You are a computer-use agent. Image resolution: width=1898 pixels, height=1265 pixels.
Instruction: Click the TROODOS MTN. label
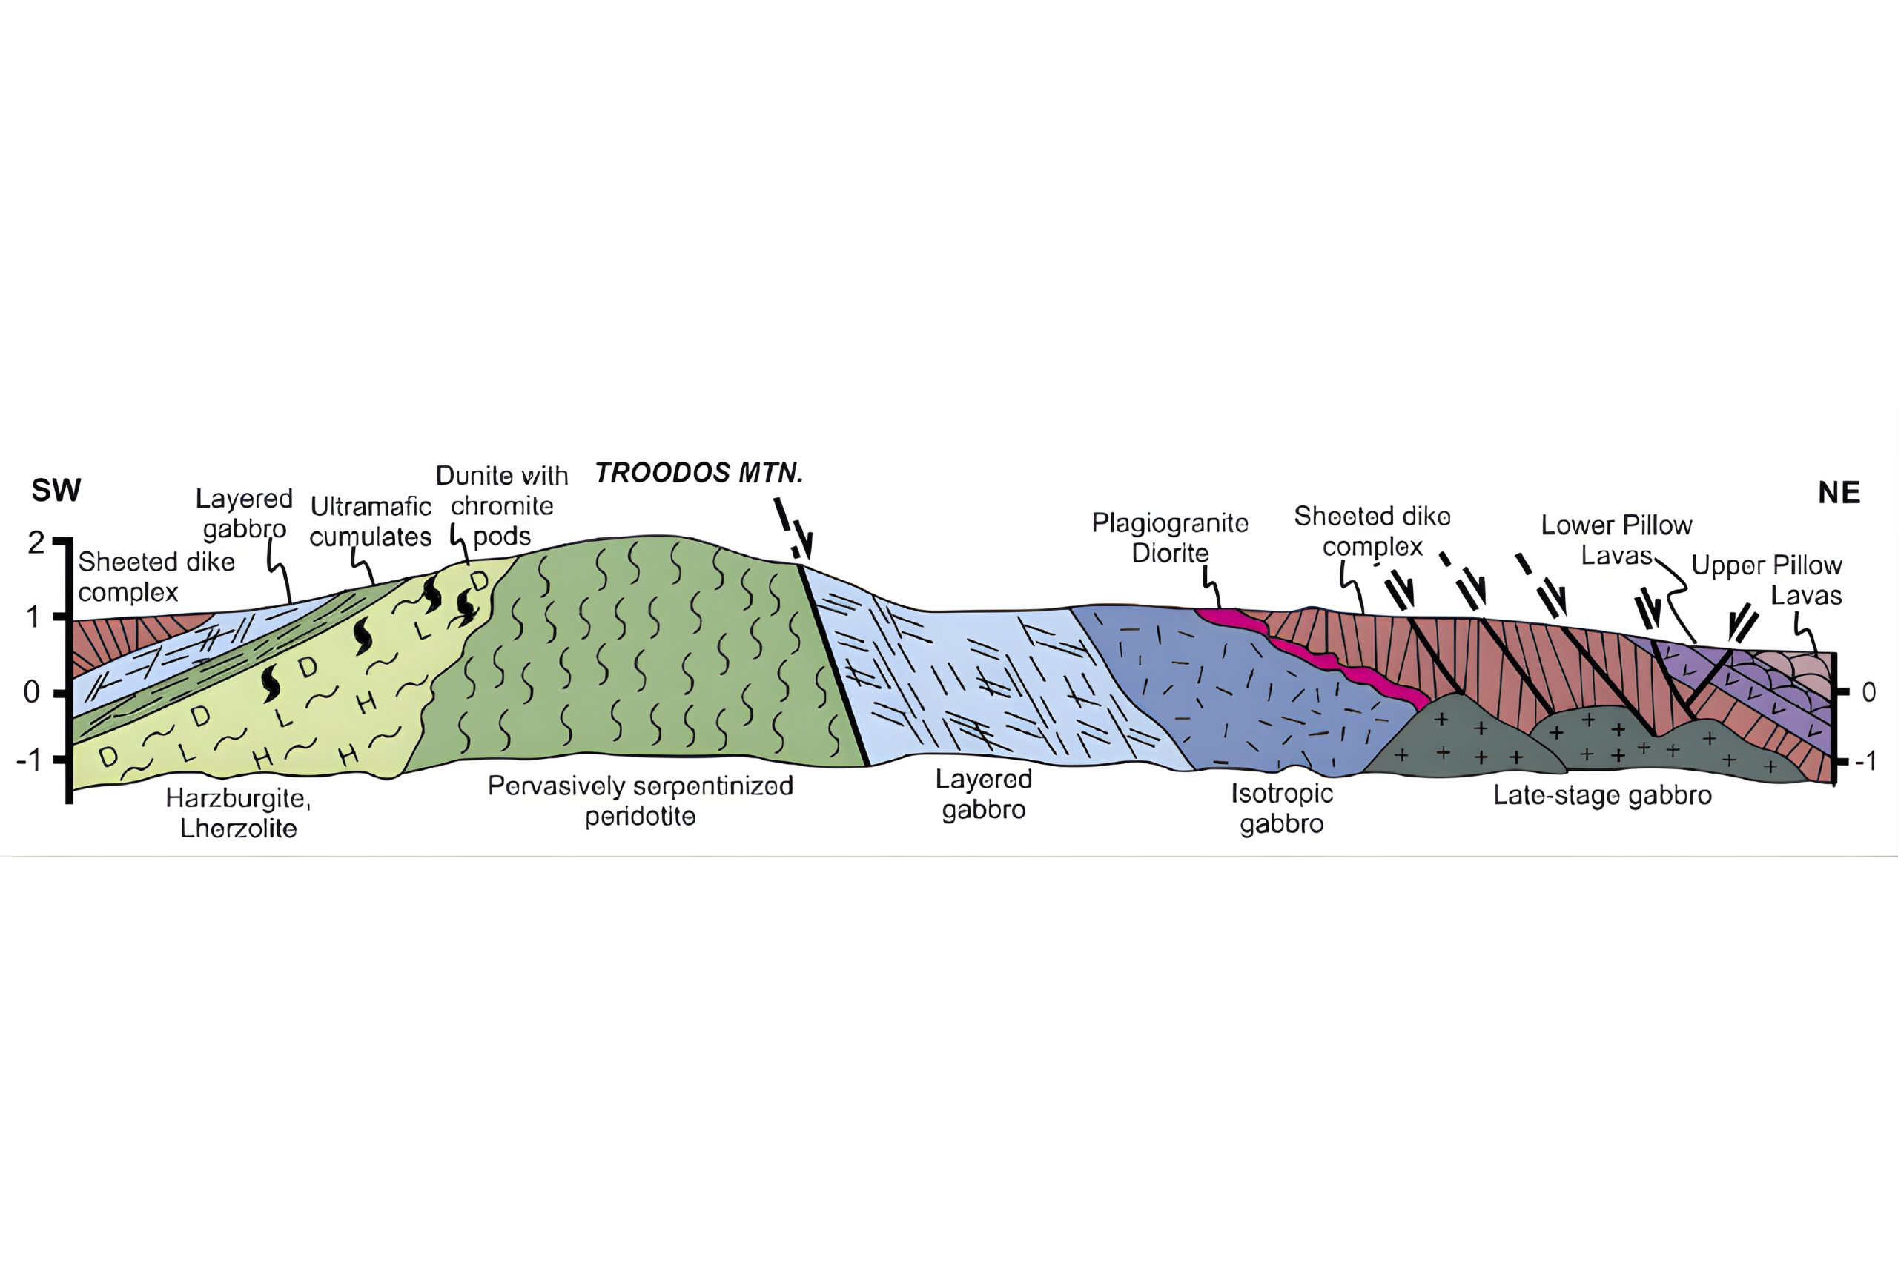click(699, 473)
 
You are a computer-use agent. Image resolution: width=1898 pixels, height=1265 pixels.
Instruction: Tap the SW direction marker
click(56, 490)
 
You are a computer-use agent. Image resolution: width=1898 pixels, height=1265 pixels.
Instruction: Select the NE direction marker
click(1839, 492)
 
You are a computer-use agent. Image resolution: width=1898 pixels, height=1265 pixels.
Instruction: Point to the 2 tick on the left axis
click(36, 543)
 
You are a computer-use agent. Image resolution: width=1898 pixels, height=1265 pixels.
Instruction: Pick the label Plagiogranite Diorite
click(1170, 538)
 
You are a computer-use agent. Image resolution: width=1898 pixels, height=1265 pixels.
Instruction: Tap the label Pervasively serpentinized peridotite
click(641, 800)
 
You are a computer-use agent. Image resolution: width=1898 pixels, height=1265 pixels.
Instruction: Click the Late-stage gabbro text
click(1603, 795)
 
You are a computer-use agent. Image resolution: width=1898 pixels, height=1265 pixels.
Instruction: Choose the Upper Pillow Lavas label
click(1767, 580)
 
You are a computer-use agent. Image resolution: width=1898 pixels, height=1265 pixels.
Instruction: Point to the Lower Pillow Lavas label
click(1616, 539)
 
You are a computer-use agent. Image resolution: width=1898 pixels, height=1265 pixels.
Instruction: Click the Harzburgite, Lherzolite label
click(238, 813)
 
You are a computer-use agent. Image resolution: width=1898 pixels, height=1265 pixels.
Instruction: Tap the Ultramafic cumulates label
click(371, 522)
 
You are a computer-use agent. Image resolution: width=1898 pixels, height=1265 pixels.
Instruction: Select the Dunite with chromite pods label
click(502, 506)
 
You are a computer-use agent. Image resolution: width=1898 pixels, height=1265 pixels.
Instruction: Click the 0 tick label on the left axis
click(33, 691)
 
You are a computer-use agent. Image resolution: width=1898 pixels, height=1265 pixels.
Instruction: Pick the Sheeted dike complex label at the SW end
click(156, 577)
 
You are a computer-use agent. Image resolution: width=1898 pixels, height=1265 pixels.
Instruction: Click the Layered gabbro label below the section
click(984, 794)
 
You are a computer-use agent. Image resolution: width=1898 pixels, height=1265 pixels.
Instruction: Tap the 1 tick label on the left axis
click(33, 617)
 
